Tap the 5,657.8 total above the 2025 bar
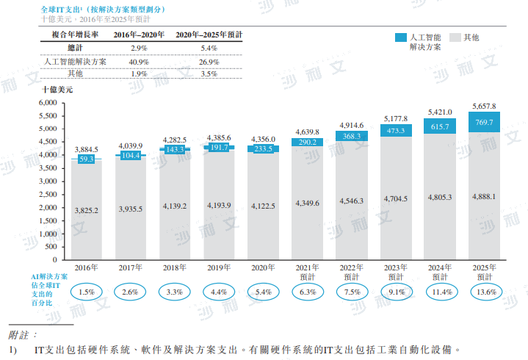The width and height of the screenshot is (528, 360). click(x=485, y=106)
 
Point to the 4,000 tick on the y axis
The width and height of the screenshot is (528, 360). click(x=48, y=155)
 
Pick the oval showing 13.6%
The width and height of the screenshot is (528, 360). click(x=485, y=292)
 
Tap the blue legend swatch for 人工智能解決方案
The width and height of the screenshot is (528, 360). click(x=401, y=37)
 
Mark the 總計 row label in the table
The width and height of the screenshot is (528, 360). click(x=76, y=48)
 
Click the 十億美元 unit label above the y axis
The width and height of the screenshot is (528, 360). click(x=58, y=89)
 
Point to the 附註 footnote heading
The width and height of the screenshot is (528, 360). click(x=22, y=334)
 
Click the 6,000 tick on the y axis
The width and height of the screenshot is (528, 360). click(x=48, y=102)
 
